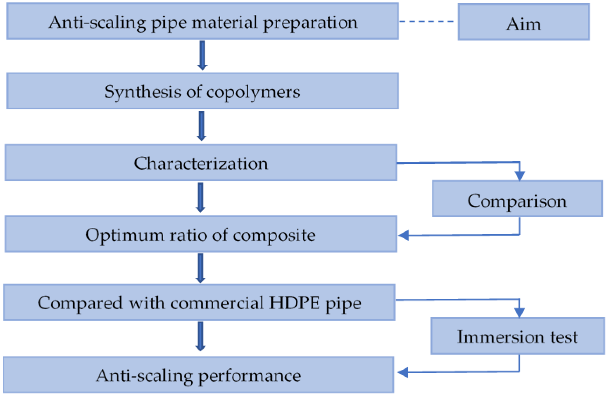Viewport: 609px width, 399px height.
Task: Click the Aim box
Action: click(523, 23)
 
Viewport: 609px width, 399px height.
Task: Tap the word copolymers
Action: click(253, 92)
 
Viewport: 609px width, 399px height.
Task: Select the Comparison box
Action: click(517, 199)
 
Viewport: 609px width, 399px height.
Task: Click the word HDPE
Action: click(294, 303)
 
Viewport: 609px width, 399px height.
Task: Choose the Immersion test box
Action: click(517, 336)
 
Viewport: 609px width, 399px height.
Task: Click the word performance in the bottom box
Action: click(250, 376)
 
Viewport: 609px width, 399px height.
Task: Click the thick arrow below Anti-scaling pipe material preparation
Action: click(202, 55)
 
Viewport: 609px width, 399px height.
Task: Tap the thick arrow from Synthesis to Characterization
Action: click(201, 126)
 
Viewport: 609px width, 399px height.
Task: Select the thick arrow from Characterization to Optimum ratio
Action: click(200, 197)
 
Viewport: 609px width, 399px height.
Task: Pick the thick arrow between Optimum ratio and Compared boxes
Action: click(200, 268)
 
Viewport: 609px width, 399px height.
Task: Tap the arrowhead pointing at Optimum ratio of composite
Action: click(404, 235)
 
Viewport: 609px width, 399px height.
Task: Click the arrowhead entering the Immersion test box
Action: click(519, 312)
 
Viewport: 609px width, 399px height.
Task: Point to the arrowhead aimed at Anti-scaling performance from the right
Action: click(403, 372)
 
